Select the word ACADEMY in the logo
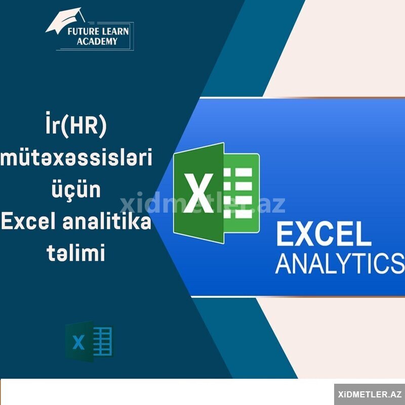click(97, 42)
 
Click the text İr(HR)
click(76, 125)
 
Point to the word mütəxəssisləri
click(76, 157)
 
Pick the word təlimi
click(76, 252)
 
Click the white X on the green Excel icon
click(198, 193)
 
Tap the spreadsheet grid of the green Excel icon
click(238, 193)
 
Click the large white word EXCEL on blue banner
click(323, 235)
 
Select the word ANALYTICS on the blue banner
click(340, 263)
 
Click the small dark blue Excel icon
click(90, 341)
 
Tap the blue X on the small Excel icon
click(79, 342)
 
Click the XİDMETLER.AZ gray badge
click(370, 394)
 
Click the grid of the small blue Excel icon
click(103, 341)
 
